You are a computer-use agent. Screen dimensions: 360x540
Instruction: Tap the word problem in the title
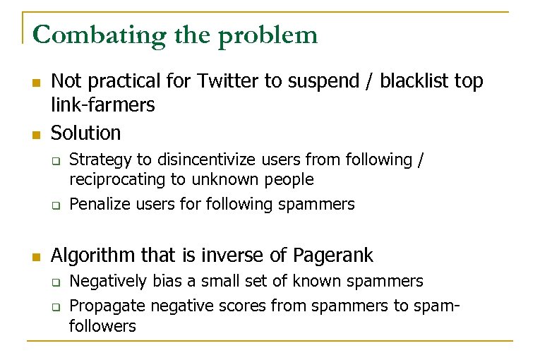(268, 35)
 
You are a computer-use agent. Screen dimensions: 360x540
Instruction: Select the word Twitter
(228, 81)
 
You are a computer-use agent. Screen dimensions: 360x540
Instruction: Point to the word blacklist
(414, 81)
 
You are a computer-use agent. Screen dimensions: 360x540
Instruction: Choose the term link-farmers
(102, 105)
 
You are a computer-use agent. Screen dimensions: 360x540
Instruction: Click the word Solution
(85, 132)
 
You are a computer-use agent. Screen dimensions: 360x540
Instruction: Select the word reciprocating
(116, 180)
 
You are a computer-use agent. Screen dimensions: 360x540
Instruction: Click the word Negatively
(107, 282)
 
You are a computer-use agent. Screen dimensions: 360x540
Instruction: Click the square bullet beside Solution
(35, 133)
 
